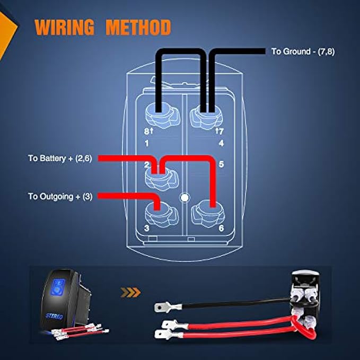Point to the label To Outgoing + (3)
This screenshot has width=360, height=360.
click(x=60, y=196)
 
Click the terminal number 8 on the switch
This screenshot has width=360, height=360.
click(x=146, y=130)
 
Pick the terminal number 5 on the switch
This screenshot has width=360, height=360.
click(x=221, y=164)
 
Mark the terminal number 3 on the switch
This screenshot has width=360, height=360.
click(x=146, y=229)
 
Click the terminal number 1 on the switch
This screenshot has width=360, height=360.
click(x=146, y=143)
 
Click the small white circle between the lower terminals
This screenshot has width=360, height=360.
click(x=184, y=198)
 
